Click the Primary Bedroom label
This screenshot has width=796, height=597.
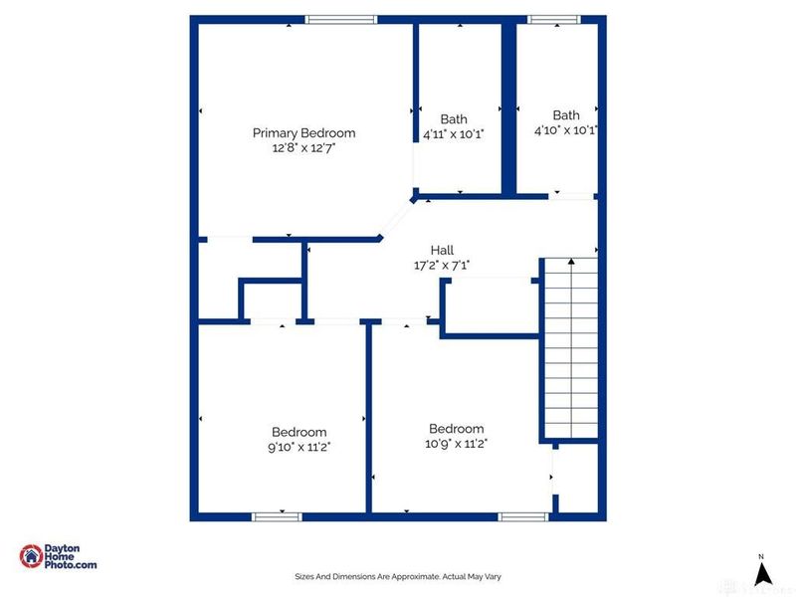click(x=303, y=132)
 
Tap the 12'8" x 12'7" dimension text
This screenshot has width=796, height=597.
click(x=303, y=148)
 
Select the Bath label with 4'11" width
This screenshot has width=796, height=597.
click(x=454, y=119)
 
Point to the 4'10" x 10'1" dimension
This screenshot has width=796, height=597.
click(x=565, y=130)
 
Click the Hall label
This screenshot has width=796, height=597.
click(x=442, y=250)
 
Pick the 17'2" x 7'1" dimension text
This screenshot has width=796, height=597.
click(x=442, y=266)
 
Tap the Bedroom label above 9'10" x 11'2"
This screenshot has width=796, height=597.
click(x=298, y=432)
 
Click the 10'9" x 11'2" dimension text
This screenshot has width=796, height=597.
click(x=457, y=444)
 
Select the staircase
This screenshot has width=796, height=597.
click(x=570, y=348)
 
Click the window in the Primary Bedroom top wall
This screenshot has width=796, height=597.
click(x=341, y=19)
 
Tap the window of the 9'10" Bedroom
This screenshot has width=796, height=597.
click(x=277, y=516)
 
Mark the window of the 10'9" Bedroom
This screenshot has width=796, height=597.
click(x=522, y=516)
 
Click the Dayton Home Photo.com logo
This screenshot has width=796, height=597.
click(x=60, y=557)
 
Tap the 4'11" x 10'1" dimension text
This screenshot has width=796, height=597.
click(x=454, y=134)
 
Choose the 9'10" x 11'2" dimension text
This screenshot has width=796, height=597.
click(x=298, y=447)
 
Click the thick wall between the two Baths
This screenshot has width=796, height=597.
click(x=508, y=107)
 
